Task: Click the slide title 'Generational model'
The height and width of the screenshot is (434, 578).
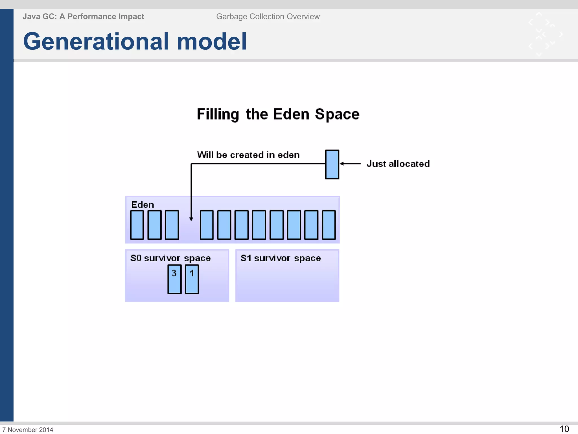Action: point(135,42)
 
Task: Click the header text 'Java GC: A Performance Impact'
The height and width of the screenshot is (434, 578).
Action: point(83,17)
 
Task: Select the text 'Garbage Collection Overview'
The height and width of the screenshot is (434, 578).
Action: point(268,17)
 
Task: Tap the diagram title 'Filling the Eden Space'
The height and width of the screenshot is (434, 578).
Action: point(278,114)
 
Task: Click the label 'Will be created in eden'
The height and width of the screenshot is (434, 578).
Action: point(248,155)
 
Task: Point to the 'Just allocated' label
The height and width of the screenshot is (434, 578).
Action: point(398,164)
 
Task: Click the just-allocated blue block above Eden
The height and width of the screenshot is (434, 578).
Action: point(332,164)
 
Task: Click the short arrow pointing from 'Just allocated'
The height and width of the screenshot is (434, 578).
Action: point(350,164)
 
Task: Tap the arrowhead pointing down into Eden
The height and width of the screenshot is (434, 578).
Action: point(191,219)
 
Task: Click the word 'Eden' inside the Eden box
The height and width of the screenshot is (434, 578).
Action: point(143,205)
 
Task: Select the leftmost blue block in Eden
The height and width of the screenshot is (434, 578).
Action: point(137,225)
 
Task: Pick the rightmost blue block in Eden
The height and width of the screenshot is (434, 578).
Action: point(329,225)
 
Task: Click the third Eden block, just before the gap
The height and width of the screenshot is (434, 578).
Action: point(172,225)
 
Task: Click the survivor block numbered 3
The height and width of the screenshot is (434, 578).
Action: point(174,279)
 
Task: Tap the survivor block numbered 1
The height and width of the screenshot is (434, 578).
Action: point(192,279)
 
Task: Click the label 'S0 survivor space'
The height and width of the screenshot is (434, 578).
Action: point(170,258)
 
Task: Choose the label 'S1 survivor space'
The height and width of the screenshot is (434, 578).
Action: point(281,258)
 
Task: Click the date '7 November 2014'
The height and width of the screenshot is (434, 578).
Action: point(28,430)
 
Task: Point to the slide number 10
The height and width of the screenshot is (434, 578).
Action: point(564,429)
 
